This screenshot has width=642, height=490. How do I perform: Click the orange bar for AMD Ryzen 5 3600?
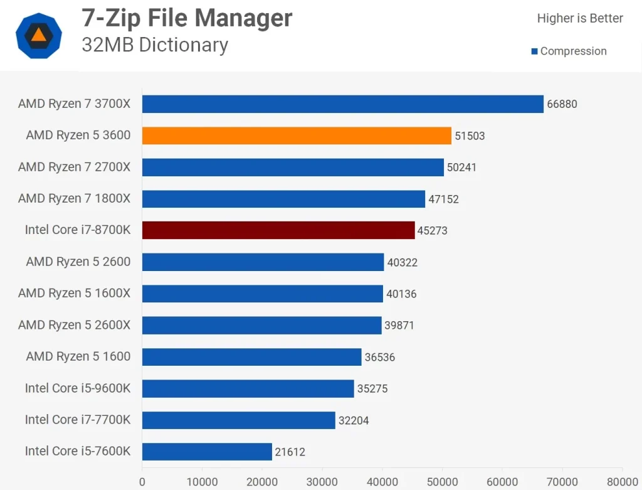297,136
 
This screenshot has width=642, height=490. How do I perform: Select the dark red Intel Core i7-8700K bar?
278,230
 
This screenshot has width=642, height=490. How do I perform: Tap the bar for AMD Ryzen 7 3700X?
342,104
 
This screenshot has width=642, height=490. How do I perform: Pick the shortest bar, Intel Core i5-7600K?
207,451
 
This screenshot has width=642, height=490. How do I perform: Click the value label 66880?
562,104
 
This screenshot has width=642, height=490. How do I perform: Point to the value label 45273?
433,231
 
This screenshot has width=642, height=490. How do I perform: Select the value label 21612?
290,452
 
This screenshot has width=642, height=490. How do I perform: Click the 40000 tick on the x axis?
382,482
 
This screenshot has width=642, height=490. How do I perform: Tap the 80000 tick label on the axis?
621,482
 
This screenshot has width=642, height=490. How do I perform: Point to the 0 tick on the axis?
142,482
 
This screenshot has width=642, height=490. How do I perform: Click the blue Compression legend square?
535,51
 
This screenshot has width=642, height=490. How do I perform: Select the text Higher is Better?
580,18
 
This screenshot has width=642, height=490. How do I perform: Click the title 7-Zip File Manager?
187,18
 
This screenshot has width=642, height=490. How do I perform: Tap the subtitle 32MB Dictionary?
155,45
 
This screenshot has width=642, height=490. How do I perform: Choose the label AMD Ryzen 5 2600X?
74,325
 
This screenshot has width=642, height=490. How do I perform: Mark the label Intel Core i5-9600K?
78,388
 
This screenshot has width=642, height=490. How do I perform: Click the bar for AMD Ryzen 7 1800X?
283,199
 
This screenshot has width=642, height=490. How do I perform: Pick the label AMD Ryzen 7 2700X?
74,167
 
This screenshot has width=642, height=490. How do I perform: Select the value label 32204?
354,420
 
